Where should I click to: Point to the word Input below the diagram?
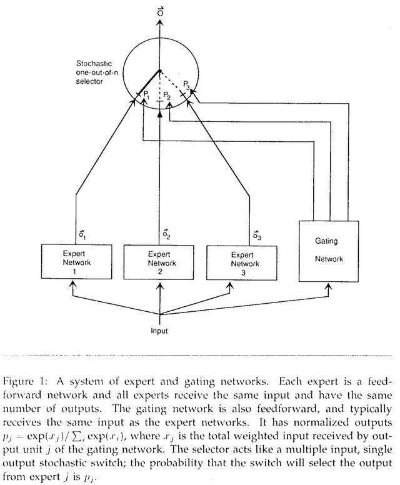click(x=159, y=331)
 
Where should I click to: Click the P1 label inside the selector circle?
click(x=147, y=94)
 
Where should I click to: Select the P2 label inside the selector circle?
click(x=167, y=96)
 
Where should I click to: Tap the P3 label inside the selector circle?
click(x=186, y=84)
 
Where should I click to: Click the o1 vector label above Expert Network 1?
click(x=82, y=235)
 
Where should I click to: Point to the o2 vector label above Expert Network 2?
click(x=166, y=234)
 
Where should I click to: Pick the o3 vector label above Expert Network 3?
click(x=257, y=235)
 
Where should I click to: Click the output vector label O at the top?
click(x=160, y=11)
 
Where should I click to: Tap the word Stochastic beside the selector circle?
click(x=94, y=63)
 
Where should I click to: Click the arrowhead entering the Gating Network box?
click(x=329, y=287)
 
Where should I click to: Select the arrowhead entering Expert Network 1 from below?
click(x=72, y=284)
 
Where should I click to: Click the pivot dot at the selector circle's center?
click(x=159, y=71)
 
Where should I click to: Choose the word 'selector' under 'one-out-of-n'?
click(x=89, y=82)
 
